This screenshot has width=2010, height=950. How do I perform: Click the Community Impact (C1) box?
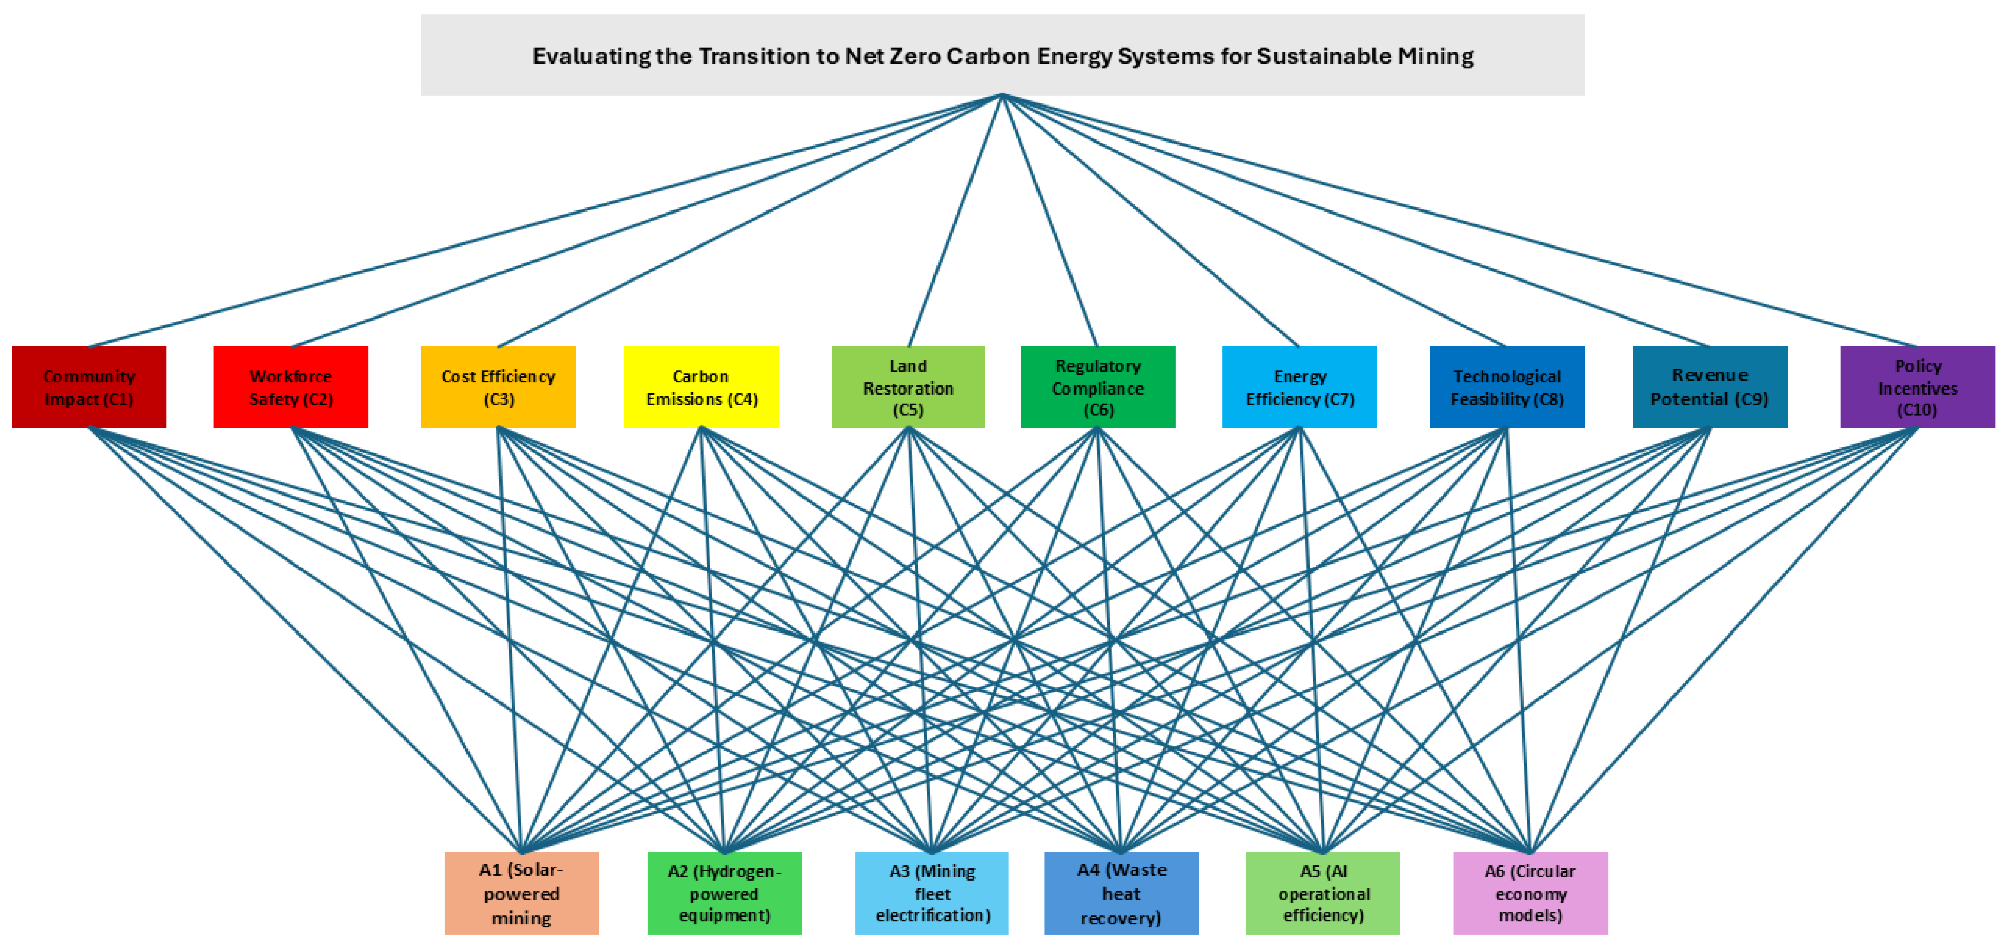tap(89, 387)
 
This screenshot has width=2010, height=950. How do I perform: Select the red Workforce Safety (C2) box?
tap(290, 387)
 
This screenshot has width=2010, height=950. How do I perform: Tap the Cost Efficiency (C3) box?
tap(498, 387)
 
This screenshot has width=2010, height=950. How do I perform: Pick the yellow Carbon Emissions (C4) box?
tap(700, 387)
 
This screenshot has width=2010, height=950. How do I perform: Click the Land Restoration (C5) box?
tap(908, 387)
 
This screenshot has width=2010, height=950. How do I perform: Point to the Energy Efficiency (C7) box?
tap(1299, 387)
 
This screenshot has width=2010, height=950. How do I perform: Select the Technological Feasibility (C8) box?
tap(1506, 387)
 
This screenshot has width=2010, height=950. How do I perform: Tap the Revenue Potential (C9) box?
tap(1710, 387)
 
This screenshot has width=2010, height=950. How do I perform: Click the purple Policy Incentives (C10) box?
tap(1917, 387)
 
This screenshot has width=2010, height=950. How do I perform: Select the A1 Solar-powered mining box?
tap(521, 893)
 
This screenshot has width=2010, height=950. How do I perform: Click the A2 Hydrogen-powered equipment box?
tap(724, 893)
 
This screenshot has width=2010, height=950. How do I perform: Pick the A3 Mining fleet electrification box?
tap(931, 893)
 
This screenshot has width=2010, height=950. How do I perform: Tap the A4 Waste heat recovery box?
tap(1121, 893)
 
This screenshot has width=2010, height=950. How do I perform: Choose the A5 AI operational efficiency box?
tap(1323, 893)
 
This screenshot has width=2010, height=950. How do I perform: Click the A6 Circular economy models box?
tap(1530, 893)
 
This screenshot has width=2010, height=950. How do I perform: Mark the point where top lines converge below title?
tap(1002, 95)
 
